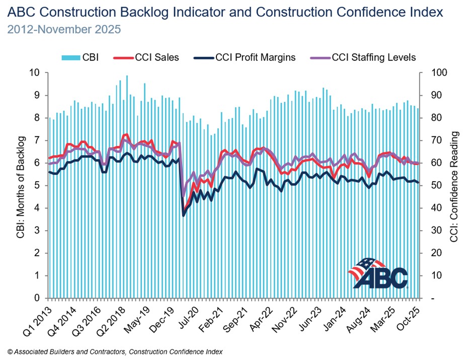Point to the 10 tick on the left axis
[35, 73]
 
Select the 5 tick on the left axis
[37, 185]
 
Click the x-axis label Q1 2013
[40, 318]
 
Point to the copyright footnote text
[115, 351]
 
